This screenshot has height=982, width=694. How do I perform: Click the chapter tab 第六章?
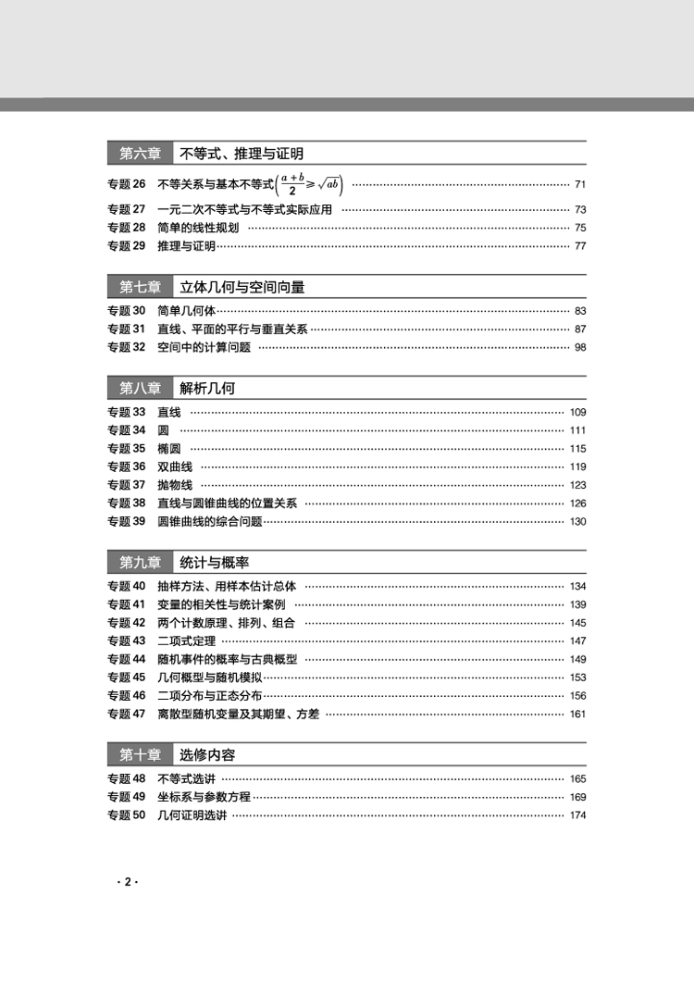coord(140,154)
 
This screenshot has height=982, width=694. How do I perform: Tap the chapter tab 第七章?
coord(140,287)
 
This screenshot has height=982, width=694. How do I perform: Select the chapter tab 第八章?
coord(140,388)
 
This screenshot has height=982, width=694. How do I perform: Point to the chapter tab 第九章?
coord(140,562)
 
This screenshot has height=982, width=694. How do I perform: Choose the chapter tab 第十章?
coord(140,754)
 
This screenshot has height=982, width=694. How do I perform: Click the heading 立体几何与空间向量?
coord(242,287)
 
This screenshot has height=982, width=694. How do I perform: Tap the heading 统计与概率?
coord(214,562)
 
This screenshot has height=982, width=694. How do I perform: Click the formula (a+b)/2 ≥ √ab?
coord(305,184)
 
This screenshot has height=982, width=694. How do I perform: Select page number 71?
coord(580,184)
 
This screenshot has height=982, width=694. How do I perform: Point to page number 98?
coord(580,347)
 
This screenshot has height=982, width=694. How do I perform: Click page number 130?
coord(578,521)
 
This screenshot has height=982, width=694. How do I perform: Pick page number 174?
coord(578,814)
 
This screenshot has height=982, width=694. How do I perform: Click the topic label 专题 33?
coord(127,412)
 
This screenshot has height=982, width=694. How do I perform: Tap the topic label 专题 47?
coord(127,714)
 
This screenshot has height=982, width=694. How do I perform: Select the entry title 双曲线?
coord(175,466)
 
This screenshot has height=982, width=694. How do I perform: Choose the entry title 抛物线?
coord(175,485)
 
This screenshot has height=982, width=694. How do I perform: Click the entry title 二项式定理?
coord(186,640)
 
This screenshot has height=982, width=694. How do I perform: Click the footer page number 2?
coord(128,882)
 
